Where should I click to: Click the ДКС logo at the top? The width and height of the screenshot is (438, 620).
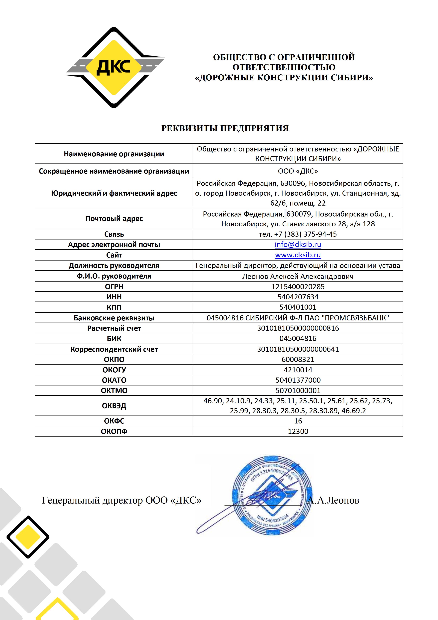114,68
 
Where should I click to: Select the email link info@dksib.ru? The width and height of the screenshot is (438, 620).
298,244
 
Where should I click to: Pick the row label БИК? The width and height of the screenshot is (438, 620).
114,339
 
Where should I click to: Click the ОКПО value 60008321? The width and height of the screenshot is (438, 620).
298,359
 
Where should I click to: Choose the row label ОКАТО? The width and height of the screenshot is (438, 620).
114,380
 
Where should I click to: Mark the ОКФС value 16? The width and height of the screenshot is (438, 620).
298,421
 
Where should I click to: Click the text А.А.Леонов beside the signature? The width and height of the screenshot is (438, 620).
334,500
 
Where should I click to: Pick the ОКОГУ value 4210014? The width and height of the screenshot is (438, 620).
298,370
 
